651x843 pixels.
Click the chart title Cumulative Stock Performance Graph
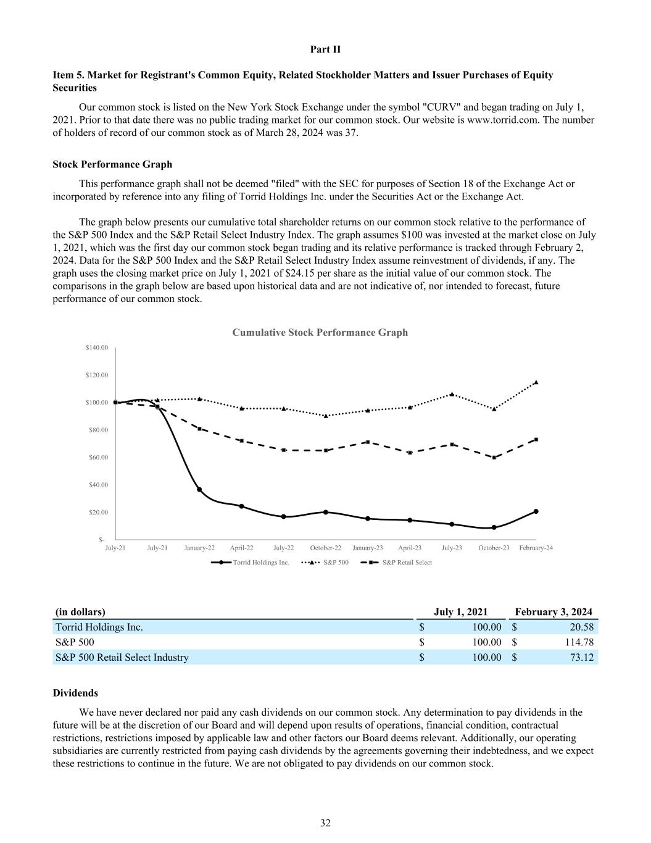pyautogui.click(x=320, y=332)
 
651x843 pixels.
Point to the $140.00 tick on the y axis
pyautogui.click(x=97, y=348)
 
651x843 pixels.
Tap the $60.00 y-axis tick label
pyautogui.click(x=97, y=457)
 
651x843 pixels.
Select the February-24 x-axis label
pyautogui.click(x=536, y=548)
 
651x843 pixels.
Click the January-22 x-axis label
pyautogui.click(x=199, y=548)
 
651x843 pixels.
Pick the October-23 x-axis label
pyautogui.click(x=494, y=548)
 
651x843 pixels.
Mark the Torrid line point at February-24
pyautogui.click(x=536, y=511)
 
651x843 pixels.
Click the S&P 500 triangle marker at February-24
pyautogui.click(x=536, y=382)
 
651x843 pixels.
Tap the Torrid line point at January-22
pyautogui.click(x=199, y=490)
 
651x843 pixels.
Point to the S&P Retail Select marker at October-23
pyautogui.click(x=494, y=458)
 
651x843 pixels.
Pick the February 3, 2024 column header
pyautogui.click(x=554, y=612)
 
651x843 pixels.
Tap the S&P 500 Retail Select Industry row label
pyautogui.click(x=122, y=657)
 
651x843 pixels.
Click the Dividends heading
pyautogui.click(x=75, y=693)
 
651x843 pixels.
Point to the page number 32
pyautogui.click(x=325, y=823)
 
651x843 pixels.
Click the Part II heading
pyautogui.click(x=325, y=49)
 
